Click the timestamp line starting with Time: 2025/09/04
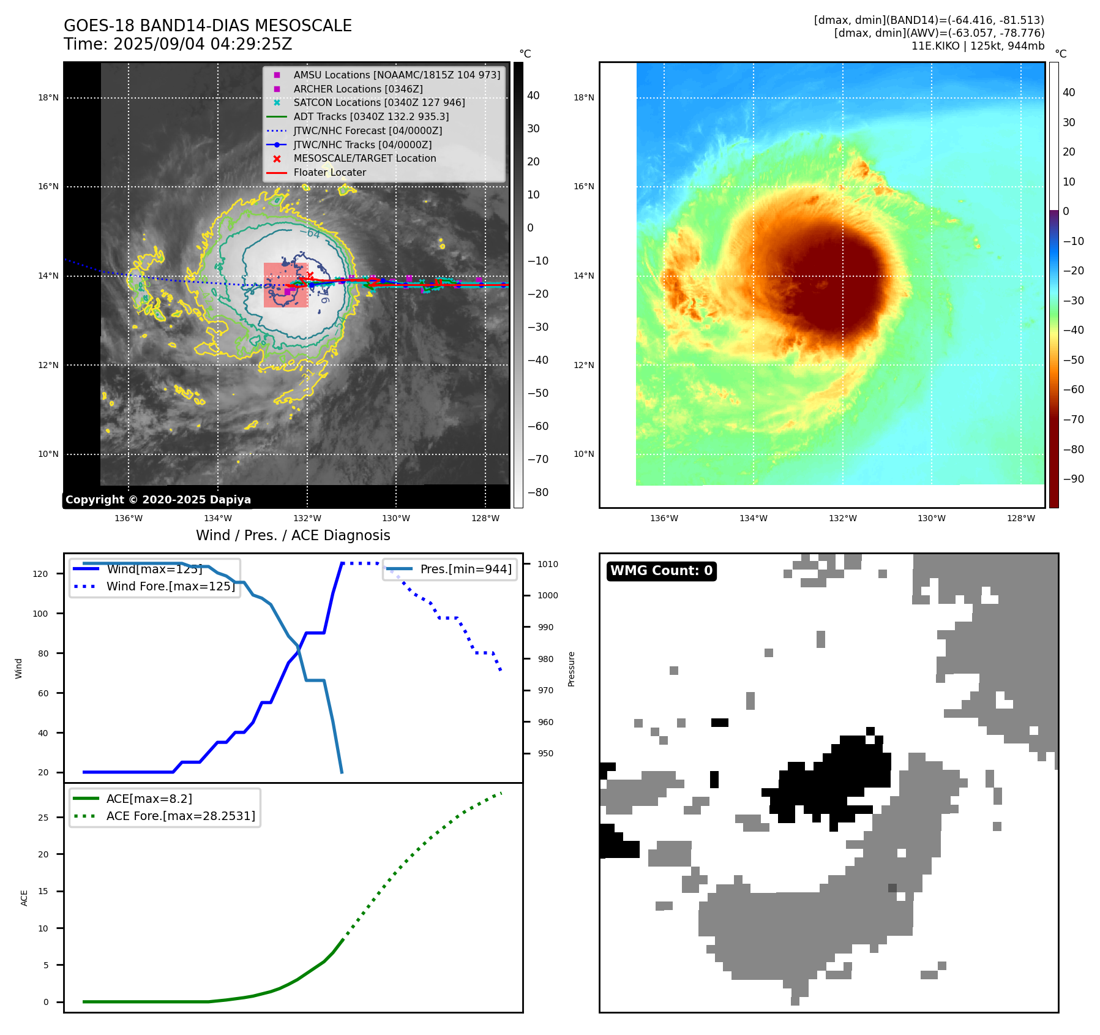(178, 45)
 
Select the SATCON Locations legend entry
(379, 103)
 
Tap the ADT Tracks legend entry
(371, 117)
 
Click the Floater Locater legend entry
(329, 173)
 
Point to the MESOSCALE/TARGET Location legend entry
(365, 159)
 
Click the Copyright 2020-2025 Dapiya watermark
(158, 500)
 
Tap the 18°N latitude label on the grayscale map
(48, 98)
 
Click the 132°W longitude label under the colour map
(842, 519)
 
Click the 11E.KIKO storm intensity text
(978, 46)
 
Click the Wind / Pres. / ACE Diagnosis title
(293, 536)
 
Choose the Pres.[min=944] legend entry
(466, 570)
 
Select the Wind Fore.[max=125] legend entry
(170, 587)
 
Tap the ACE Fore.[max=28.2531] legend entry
(181, 816)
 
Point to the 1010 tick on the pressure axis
(548, 565)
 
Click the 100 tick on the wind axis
(40, 614)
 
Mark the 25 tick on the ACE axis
(43, 818)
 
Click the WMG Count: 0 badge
(661, 571)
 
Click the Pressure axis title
(571, 669)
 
